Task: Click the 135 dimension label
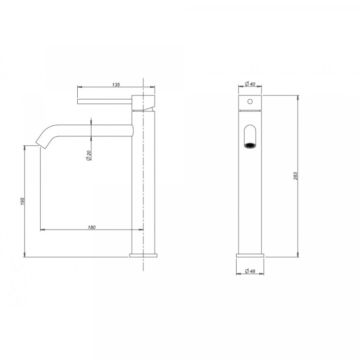click(x=116, y=84)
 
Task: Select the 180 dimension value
click(x=92, y=228)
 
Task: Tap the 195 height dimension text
click(x=23, y=201)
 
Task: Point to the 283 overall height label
click(x=296, y=176)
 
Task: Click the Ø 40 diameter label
click(x=250, y=84)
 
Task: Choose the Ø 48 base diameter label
click(x=250, y=271)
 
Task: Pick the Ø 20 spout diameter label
click(x=88, y=156)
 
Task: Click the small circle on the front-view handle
click(x=250, y=101)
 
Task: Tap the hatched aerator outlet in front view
click(x=250, y=145)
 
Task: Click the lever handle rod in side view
click(x=105, y=102)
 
